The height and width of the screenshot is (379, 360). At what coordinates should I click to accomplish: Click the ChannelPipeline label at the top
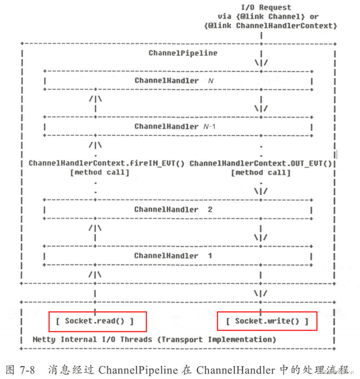[183, 53]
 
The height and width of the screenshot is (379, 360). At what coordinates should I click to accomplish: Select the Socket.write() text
[267, 321]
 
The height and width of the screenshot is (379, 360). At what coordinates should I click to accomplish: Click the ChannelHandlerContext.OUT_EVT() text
[261, 163]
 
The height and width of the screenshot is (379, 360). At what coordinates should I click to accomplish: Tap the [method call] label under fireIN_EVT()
[99, 172]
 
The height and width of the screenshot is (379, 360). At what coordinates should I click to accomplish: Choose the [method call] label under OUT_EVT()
[261, 172]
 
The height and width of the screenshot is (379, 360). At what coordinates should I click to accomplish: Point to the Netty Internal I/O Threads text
[92, 340]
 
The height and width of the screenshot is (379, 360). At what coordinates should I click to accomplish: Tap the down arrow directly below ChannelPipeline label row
[261, 63]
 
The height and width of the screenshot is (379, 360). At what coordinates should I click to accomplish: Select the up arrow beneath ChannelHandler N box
[95, 99]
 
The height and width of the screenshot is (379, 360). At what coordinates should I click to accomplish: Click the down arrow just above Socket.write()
[261, 294]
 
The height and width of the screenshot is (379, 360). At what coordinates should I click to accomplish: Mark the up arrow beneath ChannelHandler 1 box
[95, 274]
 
